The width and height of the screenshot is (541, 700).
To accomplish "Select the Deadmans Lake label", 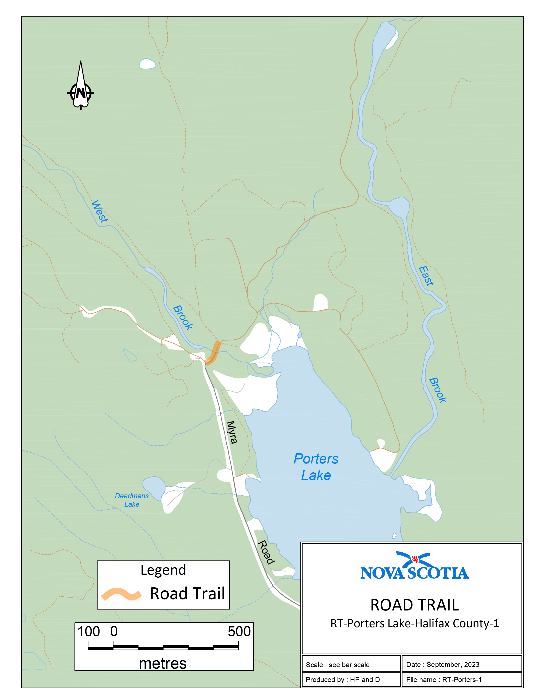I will pyautogui.click(x=132, y=500).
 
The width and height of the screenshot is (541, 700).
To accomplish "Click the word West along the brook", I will pyautogui.click(x=100, y=211).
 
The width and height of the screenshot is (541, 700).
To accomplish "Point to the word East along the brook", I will pyautogui.click(x=426, y=276).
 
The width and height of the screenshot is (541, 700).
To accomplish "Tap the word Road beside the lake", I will pyautogui.click(x=266, y=552).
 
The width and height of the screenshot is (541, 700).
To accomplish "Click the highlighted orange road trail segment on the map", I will pyautogui.click(x=214, y=352).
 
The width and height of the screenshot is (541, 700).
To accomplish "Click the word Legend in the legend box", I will pyautogui.click(x=163, y=570).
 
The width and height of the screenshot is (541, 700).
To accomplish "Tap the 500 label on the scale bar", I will pyautogui.click(x=239, y=631).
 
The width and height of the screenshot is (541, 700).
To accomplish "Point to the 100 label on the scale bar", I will pyautogui.click(x=89, y=631).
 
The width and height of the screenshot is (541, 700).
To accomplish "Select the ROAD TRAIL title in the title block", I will pyautogui.click(x=414, y=605).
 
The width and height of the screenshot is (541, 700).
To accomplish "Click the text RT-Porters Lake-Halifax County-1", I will pyautogui.click(x=414, y=623).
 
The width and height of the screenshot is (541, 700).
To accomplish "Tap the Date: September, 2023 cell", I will pyautogui.click(x=461, y=664).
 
